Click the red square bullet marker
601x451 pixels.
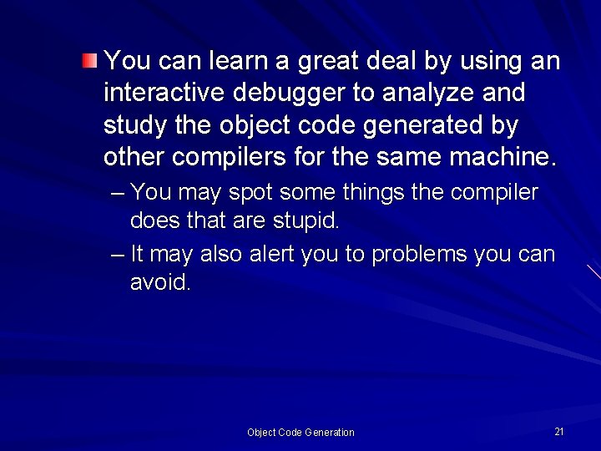(x=89, y=60)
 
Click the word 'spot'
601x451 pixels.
(x=250, y=194)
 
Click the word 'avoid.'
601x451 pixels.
(x=160, y=283)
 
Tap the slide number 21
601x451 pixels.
(x=559, y=431)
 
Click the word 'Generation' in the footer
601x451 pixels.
(x=330, y=433)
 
